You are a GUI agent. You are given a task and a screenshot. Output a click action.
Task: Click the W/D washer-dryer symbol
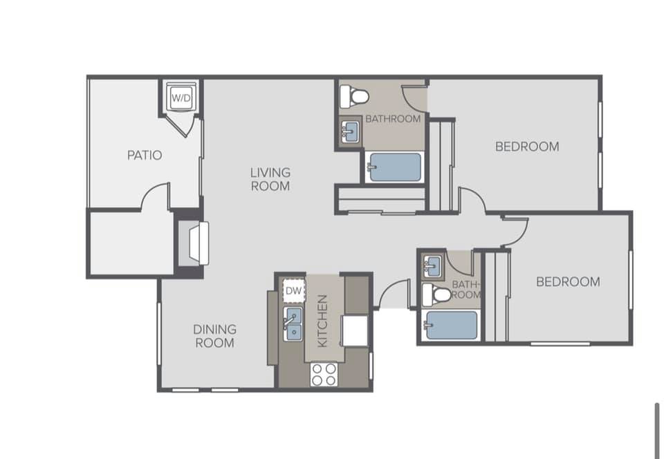tap(181, 97)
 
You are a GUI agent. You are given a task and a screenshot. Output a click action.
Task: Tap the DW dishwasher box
tap(293, 290)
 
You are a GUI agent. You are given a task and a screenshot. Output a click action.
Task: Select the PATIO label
tap(145, 156)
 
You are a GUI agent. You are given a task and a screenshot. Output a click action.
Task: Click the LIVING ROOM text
tap(270, 179)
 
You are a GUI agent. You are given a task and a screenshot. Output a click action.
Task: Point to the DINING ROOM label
tap(214, 336)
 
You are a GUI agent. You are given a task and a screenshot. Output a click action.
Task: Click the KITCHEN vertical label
tap(322, 321)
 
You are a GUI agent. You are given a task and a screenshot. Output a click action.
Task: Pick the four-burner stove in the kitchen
tap(324, 375)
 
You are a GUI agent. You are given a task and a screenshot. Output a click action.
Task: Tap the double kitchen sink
tap(293, 324)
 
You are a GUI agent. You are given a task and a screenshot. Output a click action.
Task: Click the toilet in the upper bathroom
tap(354, 96)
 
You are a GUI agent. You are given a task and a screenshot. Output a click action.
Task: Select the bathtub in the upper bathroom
tap(394, 167)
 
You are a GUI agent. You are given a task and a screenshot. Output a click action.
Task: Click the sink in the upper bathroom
tap(350, 132)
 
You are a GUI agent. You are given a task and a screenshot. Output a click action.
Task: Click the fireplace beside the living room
tap(193, 244)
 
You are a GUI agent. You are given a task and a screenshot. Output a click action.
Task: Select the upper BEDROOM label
tap(527, 147)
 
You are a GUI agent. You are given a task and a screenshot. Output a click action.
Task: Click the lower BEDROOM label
tap(568, 282)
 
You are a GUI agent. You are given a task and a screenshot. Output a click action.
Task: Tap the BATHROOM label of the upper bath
tap(393, 119)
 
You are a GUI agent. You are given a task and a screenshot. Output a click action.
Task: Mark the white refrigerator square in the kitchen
tap(355, 331)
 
